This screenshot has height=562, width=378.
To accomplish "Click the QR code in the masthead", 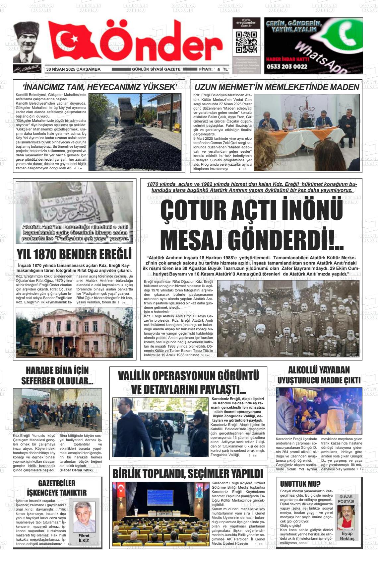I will tap(246, 42).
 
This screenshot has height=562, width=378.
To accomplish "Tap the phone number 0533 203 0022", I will tap(287, 66).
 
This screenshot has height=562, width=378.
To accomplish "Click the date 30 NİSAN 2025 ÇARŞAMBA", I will tap(73, 69).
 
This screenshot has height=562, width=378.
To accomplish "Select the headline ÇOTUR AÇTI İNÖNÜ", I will tap(251, 210).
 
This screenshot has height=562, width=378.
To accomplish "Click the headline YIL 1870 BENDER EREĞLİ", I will tap(74, 255).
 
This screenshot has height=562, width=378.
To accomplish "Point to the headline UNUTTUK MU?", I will tap(300, 483).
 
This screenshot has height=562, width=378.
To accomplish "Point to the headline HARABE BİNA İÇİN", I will tap(57, 370).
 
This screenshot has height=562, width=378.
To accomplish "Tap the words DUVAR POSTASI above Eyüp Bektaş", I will tap(346, 499).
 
